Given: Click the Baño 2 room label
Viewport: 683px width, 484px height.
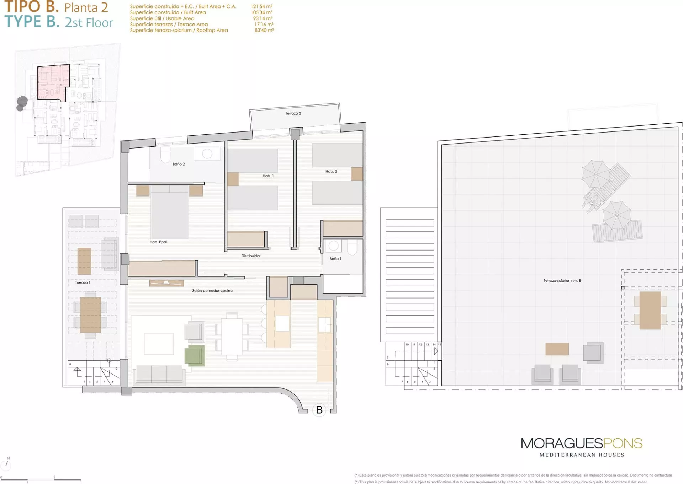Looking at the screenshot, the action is (179, 164).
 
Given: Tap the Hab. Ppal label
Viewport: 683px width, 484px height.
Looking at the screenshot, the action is (158, 242).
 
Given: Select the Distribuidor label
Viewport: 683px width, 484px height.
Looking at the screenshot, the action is (251, 256).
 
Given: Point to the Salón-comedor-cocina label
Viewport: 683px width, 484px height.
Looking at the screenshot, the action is (212, 291).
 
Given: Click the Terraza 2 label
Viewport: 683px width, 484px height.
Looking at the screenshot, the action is (293, 113).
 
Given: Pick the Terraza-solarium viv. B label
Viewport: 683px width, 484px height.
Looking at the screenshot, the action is (562, 280).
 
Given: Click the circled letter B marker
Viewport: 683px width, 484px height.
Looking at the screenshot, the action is (319, 410).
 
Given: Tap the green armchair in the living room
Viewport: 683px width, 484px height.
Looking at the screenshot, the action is (195, 355).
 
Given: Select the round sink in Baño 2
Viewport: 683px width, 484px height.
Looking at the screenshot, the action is (207, 154).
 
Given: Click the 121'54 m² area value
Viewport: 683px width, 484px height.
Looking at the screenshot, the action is (261, 6).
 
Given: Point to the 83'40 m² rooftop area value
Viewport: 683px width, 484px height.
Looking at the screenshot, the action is (264, 30).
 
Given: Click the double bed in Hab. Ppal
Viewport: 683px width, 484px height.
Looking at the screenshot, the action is (169, 212).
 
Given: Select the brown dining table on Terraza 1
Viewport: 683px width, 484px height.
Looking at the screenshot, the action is (90, 315).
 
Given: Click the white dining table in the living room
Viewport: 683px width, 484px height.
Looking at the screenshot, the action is (232, 336).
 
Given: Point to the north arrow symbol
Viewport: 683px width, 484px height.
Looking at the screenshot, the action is (7, 463).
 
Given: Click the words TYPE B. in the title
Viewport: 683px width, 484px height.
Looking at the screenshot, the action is (32, 22).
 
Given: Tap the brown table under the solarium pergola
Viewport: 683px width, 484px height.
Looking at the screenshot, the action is (650, 311).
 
